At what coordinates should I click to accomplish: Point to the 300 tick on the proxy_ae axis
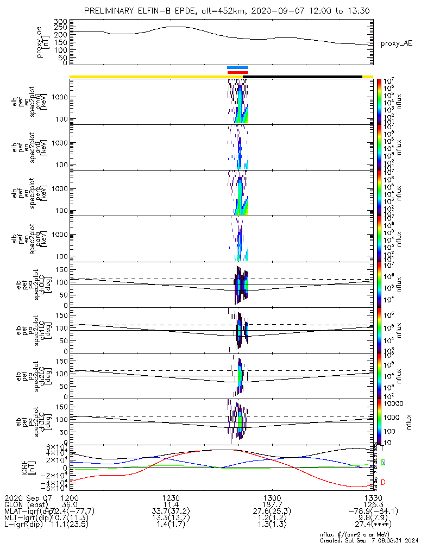click(60, 21)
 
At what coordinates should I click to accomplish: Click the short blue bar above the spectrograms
click(238, 68)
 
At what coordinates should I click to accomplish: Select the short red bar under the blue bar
click(238, 72)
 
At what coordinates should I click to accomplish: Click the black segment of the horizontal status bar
click(305, 77)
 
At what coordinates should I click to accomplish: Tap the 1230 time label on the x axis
click(171, 497)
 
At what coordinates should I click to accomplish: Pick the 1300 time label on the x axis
click(272, 497)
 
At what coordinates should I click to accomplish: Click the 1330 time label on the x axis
click(373, 497)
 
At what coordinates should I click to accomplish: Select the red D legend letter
click(383, 482)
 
